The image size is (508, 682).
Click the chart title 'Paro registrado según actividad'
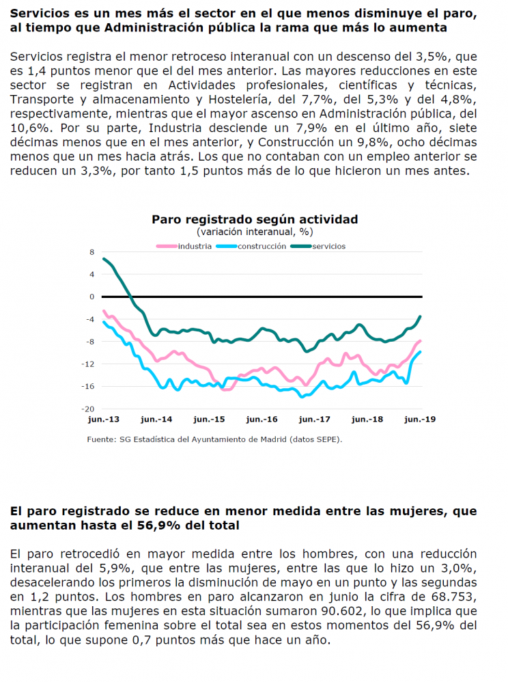(x=255, y=219)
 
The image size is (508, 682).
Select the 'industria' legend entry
(x=184, y=246)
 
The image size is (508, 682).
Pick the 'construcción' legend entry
(x=251, y=246)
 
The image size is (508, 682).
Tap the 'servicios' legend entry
(x=318, y=246)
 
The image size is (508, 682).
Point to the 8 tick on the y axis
(x=91, y=252)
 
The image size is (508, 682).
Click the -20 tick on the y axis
(x=88, y=409)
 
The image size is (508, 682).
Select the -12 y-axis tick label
(x=88, y=364)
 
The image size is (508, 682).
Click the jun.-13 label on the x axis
(x=103, y=420)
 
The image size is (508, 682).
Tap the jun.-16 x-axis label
(x=262, y=420)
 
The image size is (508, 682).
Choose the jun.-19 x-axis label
(x=420, y=420)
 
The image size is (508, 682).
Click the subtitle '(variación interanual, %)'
(x=255, y=232)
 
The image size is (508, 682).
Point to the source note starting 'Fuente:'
(x=214, y=439)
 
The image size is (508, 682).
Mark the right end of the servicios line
(x=420, y=316)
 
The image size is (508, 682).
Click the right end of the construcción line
(x=420, y=352)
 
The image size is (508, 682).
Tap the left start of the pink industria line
(x=103, y=311)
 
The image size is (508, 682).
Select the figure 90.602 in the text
(x=342, y=611)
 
